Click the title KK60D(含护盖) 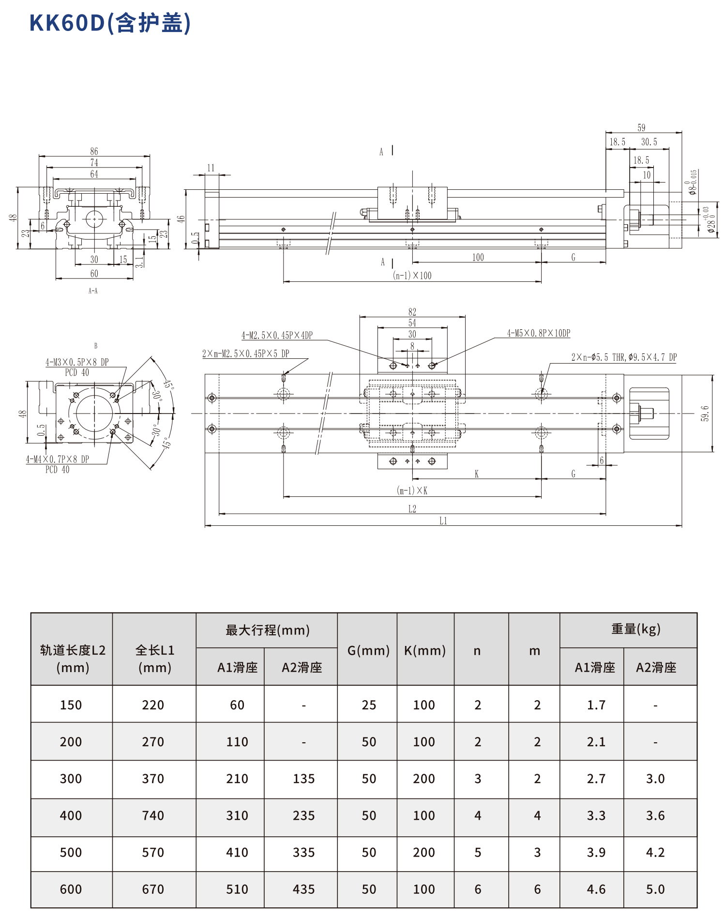tap(110, 23)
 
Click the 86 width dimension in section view tap(94, 151)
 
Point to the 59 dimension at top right tap(641, 128)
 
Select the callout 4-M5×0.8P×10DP tap(538, 333)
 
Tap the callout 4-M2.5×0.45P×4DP tap(277, 335)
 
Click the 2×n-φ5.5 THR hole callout tap(623, 357)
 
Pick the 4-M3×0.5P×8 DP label tap(77, 362)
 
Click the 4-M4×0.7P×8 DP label tap(57, 459)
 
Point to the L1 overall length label tap(443, 521)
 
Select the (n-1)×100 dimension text tap(412, 276)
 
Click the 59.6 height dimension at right tap(705, 414)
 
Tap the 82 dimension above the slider tap(412, 312)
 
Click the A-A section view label tap(93, 291)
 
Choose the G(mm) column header tap(368, 650)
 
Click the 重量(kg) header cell tap(635, 629)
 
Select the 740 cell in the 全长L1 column tap(153, 815)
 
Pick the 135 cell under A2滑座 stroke tap(303, 779)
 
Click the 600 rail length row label tap(71, 889)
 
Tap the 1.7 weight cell tap(596, 705)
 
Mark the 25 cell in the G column tap(368, 705)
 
